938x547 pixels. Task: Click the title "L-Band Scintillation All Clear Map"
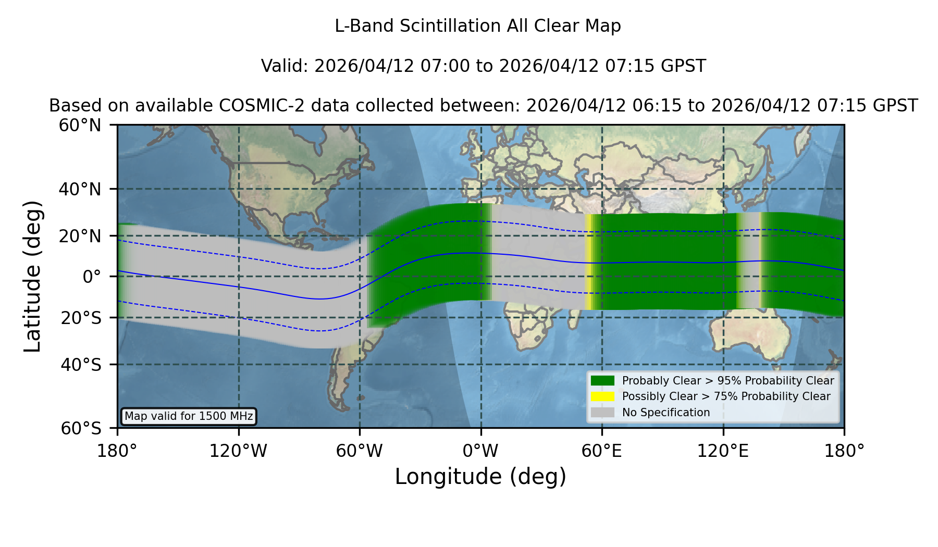(x=478, y=26)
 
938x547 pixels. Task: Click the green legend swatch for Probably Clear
(x=603, y=380)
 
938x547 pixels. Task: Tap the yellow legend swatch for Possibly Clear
(x=603, y=396)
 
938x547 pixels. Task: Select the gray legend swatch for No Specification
(x=603, y=412)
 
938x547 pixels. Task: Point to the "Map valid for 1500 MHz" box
(x=189, y=416)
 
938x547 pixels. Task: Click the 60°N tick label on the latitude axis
(x=80, y=126)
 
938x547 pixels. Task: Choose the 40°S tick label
(x=81, y=365)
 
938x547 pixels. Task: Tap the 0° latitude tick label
(x=92, y=277)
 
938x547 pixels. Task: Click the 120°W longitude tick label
(x=238, y=451)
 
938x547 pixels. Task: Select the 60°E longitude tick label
(x=602, y=451)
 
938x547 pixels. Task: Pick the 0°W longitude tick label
(x=481, y=451)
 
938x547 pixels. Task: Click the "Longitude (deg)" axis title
(x=480, y=477)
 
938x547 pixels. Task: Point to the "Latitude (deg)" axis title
(x=32, y=276)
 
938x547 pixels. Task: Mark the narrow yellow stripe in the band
(x=588, y=262)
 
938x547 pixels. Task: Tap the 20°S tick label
(x=81, y=318)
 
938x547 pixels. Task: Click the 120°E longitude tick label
(x=723, y=451)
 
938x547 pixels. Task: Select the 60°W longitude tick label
(x=360, y=451)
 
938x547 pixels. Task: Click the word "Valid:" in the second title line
(x=285, y=66)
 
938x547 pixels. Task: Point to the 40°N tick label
(x=80, y=189)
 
